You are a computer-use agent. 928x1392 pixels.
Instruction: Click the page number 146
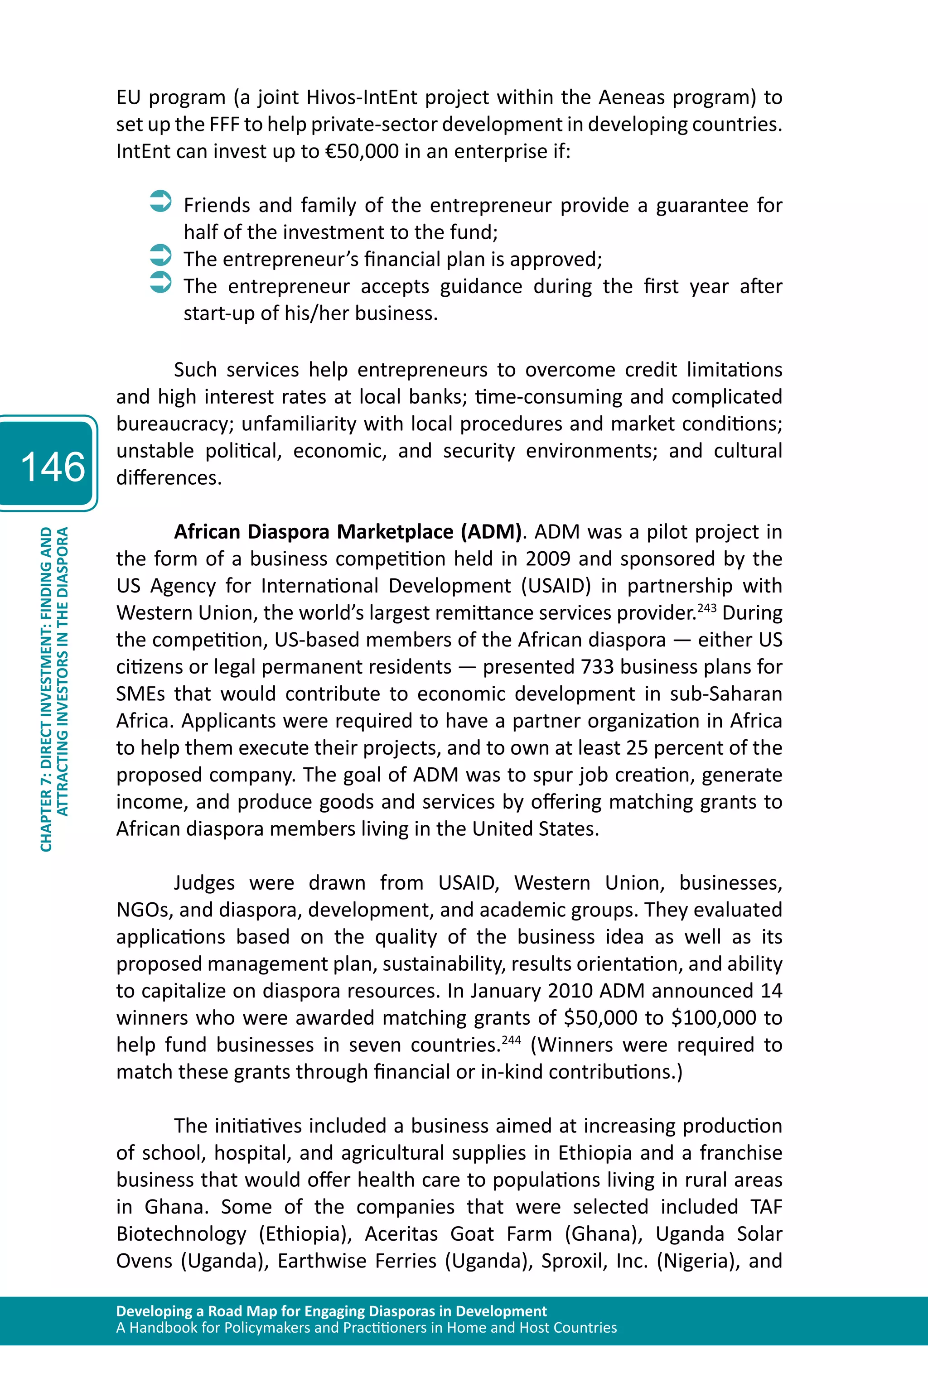[x=53, y=466]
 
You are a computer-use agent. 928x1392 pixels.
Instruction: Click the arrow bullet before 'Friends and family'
[x=160, y=201]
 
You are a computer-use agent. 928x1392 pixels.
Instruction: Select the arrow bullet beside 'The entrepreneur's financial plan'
[x=160, y=255]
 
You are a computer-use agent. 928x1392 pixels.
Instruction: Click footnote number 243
[x=707, y=607]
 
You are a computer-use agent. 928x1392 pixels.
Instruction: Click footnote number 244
[x=511, y=1040]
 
